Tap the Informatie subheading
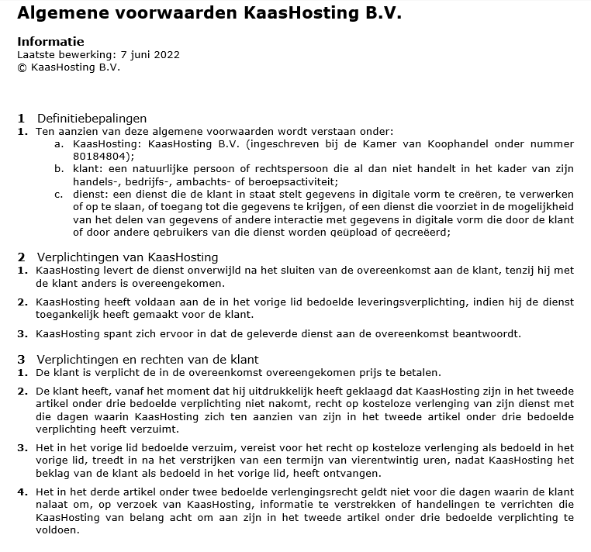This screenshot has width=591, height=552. (50, 42)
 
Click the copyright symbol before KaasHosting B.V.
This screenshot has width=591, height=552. (22, 67)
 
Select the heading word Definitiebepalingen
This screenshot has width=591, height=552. (92, 119)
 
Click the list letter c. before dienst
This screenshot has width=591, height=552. (59, 194)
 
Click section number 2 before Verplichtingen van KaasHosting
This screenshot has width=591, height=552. (22, 257)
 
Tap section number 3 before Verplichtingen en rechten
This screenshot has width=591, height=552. (22, 359)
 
